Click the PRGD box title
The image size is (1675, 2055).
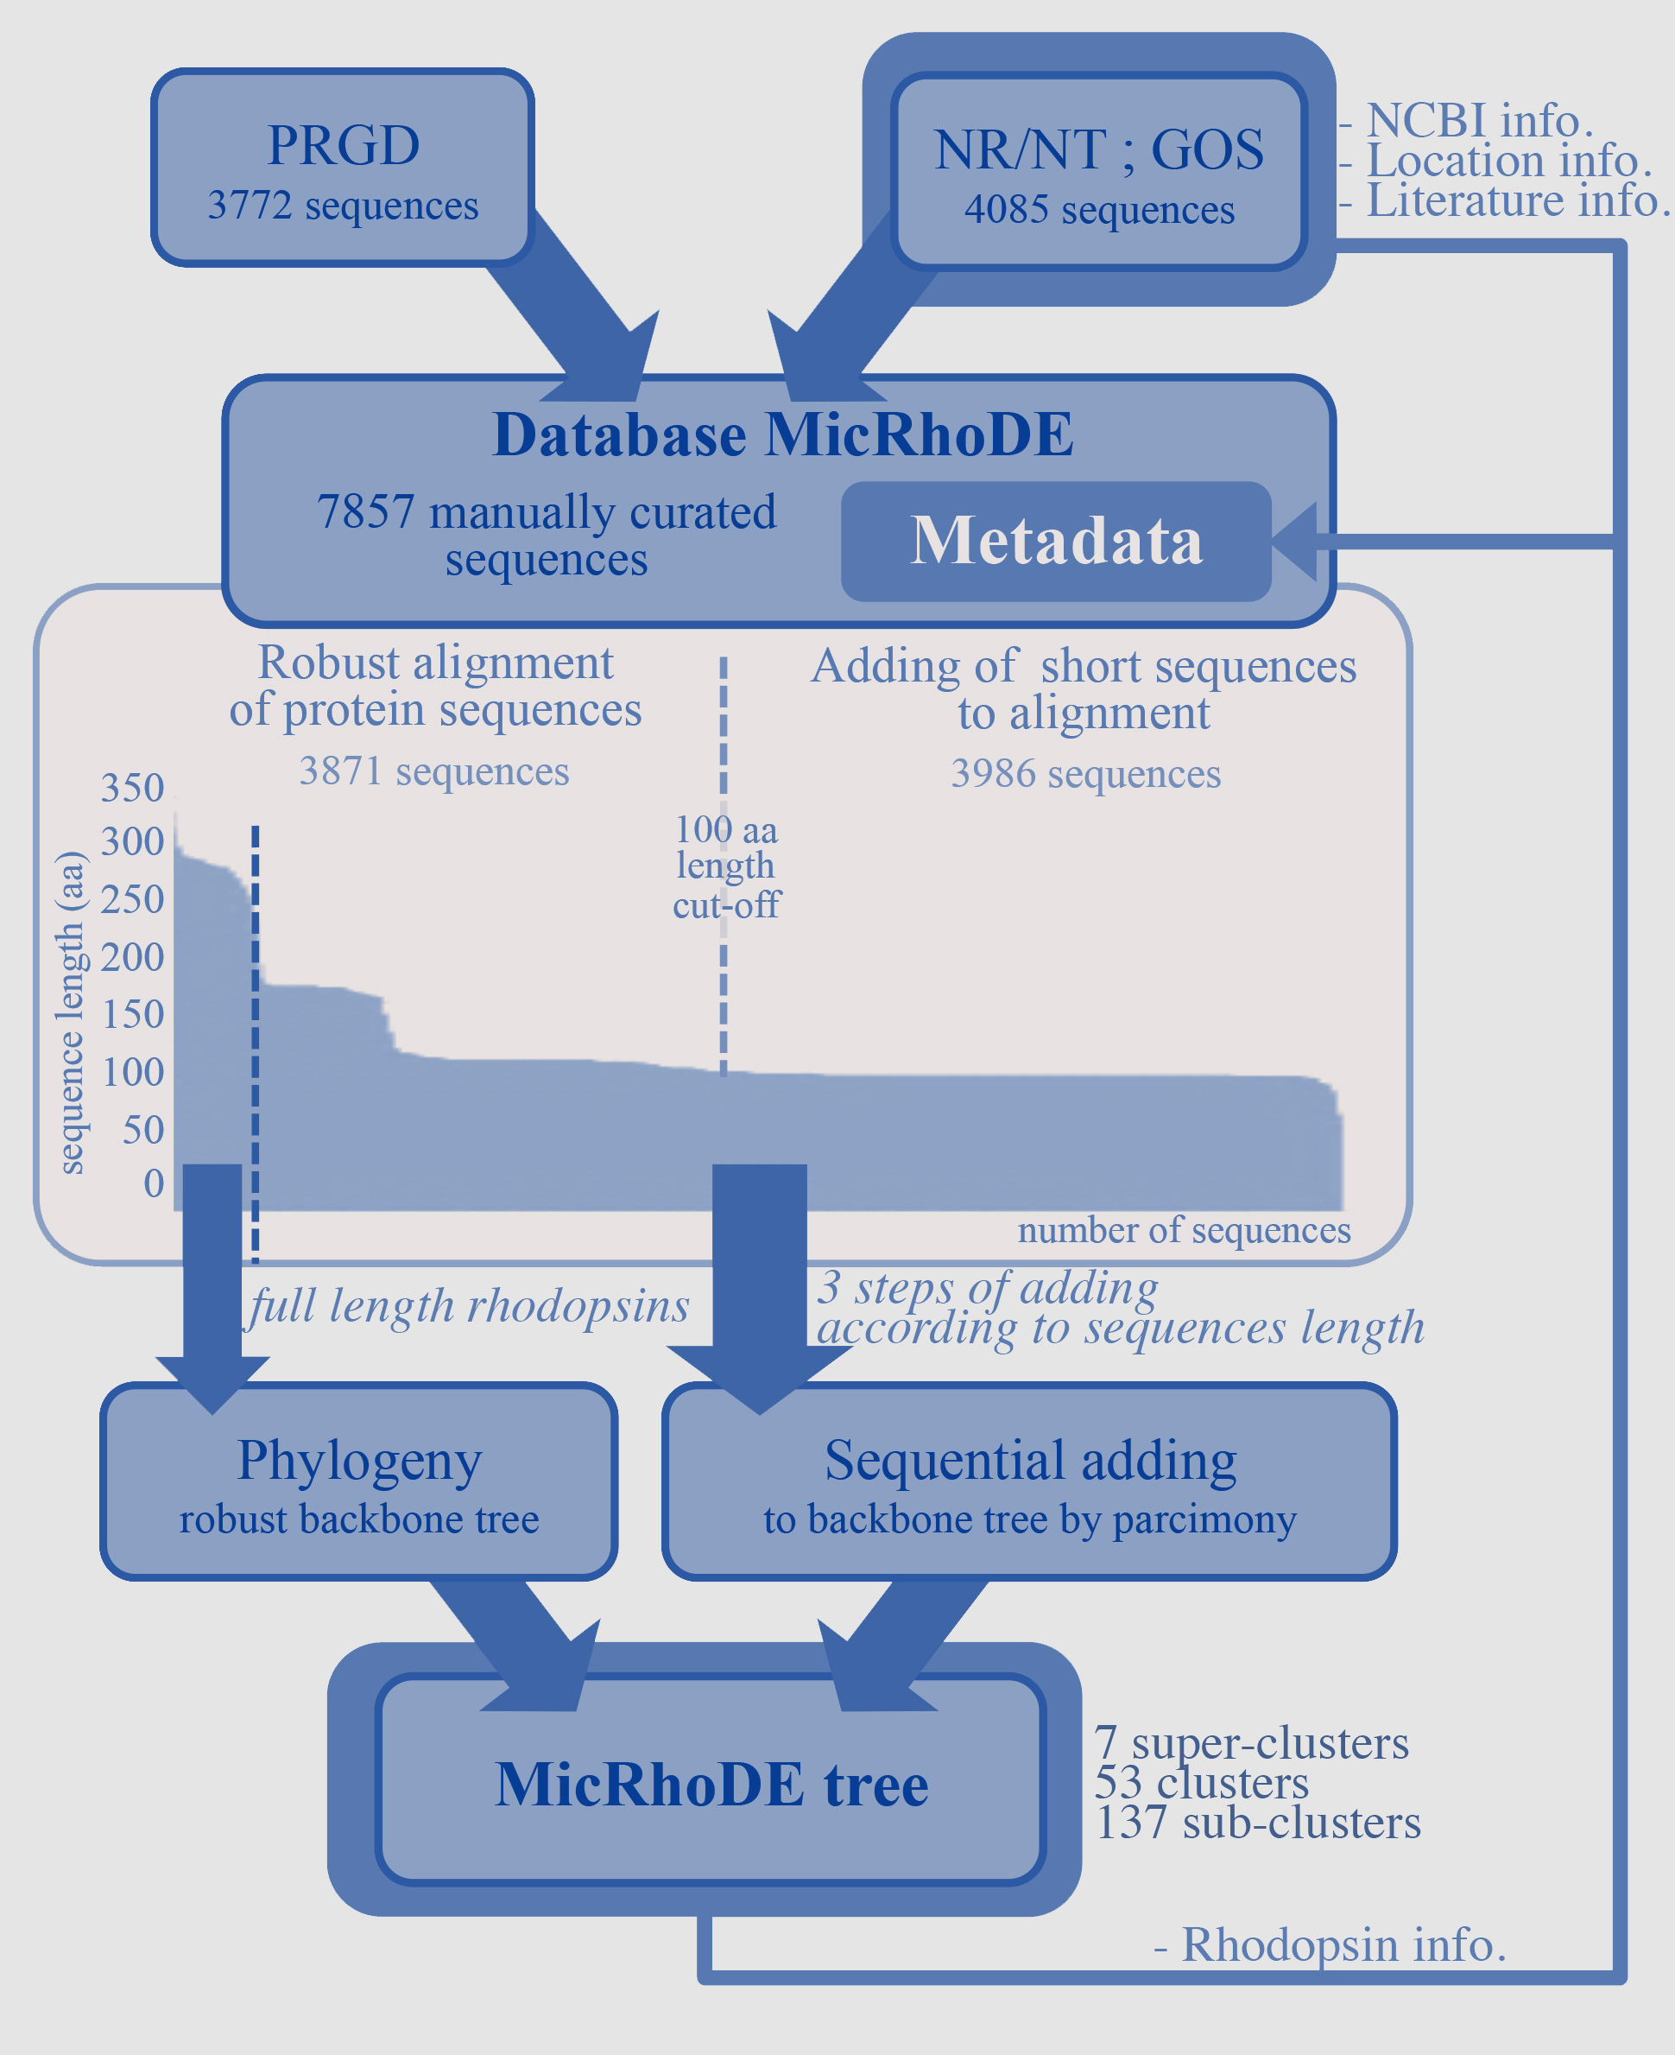[343, 146]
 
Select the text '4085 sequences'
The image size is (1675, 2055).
[1099, 209]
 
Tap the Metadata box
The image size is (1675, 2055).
[1056, 541]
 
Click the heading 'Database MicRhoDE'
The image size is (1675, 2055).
[782, 434]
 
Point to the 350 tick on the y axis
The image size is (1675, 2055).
[132, 788]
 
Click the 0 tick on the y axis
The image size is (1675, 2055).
[154, 1183]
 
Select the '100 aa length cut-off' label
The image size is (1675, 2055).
[725, 866]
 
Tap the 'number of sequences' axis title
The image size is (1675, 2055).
[1184, 1230]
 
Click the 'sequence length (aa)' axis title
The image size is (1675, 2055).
[71, 1012]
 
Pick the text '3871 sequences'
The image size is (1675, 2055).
[434, 771]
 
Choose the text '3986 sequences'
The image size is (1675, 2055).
[1085, 774]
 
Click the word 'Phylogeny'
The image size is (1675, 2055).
[359, 1461]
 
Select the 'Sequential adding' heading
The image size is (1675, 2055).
[1031, 1461]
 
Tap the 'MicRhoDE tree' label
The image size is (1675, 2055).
[712, 1784]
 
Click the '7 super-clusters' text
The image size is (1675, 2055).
[1251, 1743]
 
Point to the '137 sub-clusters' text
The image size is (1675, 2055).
[1258, 1823]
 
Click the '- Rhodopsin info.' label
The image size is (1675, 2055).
[1330, 1944]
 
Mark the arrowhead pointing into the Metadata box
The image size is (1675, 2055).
[1296, 542]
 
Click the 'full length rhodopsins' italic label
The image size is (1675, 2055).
[469, 1306]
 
